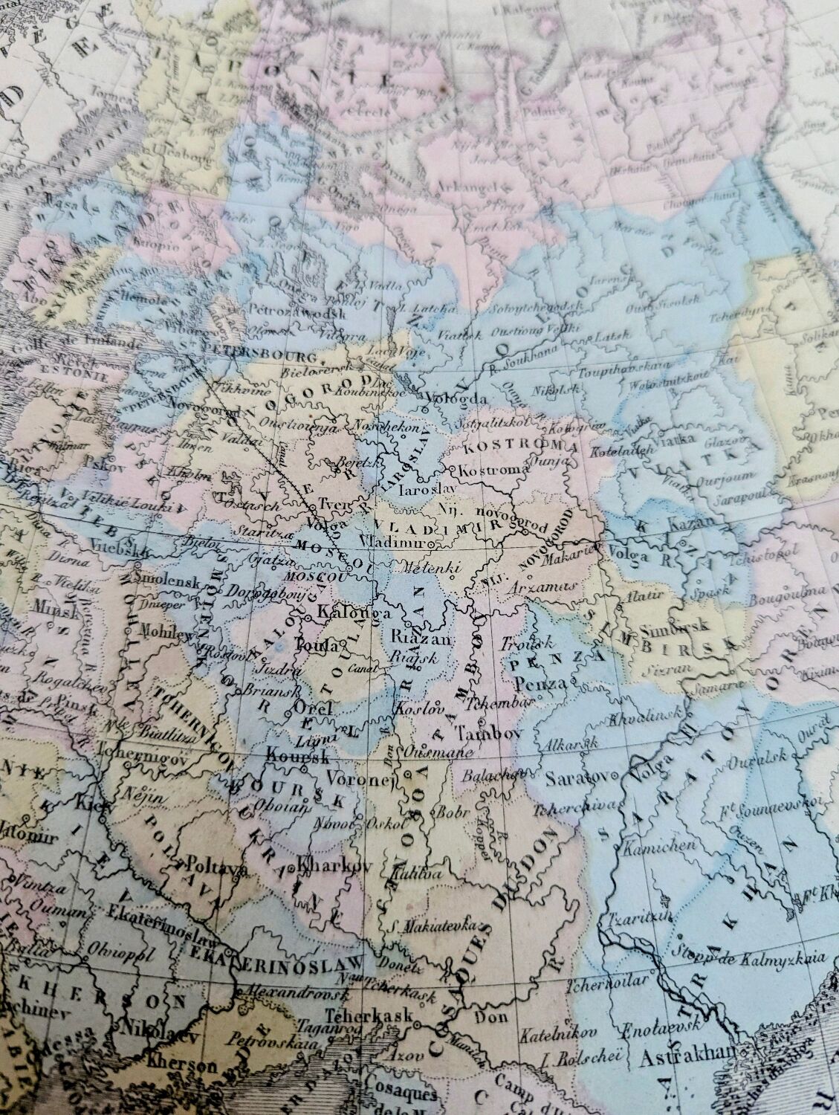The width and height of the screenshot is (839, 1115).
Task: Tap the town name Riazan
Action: [421, 637]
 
